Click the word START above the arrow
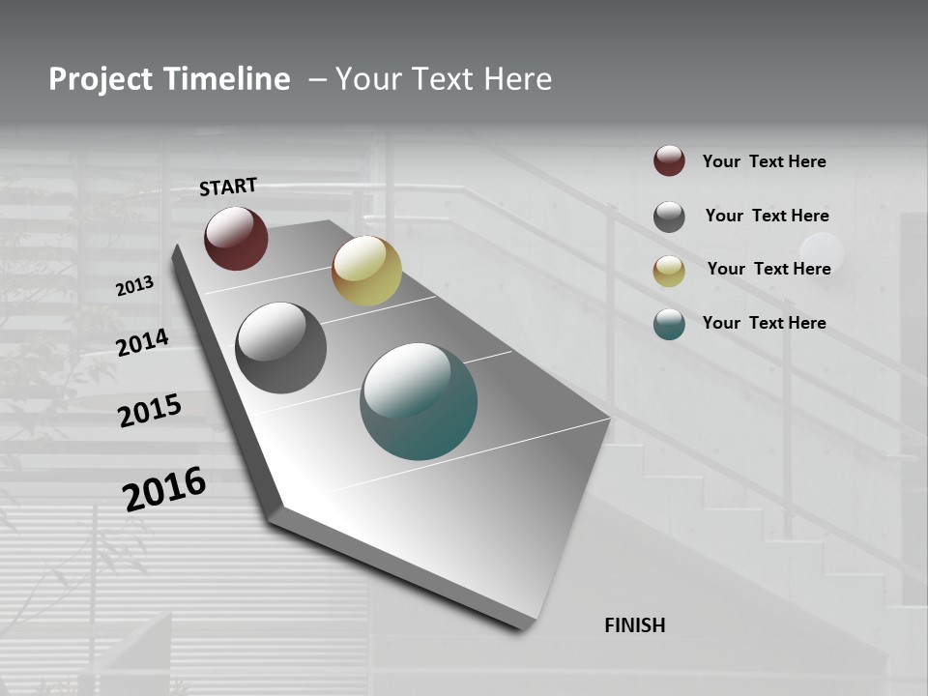pos(228,187)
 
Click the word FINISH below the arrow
pos(635,625)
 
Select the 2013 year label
pos(135,286)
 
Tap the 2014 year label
pos(143,343)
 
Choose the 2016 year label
pos(164,489)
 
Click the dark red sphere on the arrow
pos(236,238)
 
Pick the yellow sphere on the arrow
pos(366,271)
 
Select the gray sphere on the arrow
pos(281,348)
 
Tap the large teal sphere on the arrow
pos(419,401)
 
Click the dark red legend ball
pos(669,160)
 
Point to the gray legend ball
pos(669,217)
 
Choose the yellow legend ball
pos(669,271)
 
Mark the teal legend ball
pos(669,324)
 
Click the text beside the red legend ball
pos(764,161)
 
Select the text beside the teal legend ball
pos(764,323)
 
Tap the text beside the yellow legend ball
pos(768,269)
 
